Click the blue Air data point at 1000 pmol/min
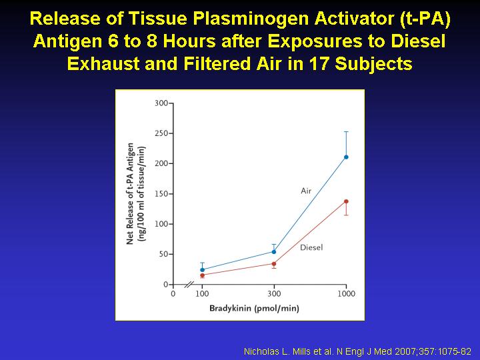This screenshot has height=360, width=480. (346, 157)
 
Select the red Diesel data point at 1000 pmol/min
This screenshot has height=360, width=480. (346, 201)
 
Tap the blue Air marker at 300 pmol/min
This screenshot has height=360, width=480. (274, 252)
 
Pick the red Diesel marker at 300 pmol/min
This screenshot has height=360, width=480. (274, 264)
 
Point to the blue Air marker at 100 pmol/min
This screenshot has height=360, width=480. (203, 270)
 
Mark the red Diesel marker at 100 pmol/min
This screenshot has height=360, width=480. (203, 275)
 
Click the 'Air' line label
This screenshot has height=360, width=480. (306, 191)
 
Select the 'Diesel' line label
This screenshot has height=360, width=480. (311, 247)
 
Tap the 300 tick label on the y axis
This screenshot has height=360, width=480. (161, 103)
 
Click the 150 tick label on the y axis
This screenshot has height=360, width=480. (161, 194)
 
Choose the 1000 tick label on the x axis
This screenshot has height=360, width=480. (347, 294)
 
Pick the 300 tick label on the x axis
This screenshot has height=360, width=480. (274, 294)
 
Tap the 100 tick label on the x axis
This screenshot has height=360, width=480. (202, 294)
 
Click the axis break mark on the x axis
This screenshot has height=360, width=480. (189, 285)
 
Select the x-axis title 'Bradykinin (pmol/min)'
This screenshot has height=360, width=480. (254, 308)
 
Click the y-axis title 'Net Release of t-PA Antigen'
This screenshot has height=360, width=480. (130, 193)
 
